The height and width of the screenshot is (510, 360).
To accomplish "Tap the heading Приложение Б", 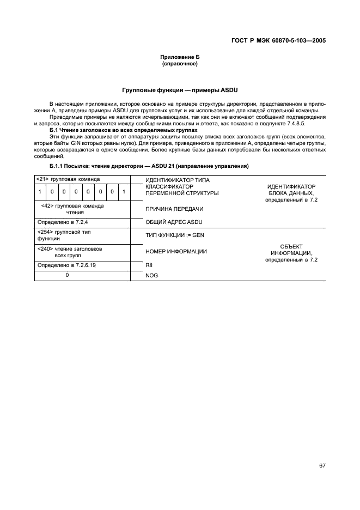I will pos(179,57).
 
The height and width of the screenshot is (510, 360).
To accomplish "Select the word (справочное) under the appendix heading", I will pos(179,64).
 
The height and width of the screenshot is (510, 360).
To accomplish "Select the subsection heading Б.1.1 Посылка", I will pos(149,165).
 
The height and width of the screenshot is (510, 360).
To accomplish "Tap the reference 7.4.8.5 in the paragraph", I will pos(306,123).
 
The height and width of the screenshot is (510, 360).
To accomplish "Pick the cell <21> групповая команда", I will pos(68,179).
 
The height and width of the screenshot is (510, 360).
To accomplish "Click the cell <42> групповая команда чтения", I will pos(72,209).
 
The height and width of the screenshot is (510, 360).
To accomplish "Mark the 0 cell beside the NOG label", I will pos(67,275).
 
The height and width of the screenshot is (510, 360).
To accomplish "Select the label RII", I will pos(149,265).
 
